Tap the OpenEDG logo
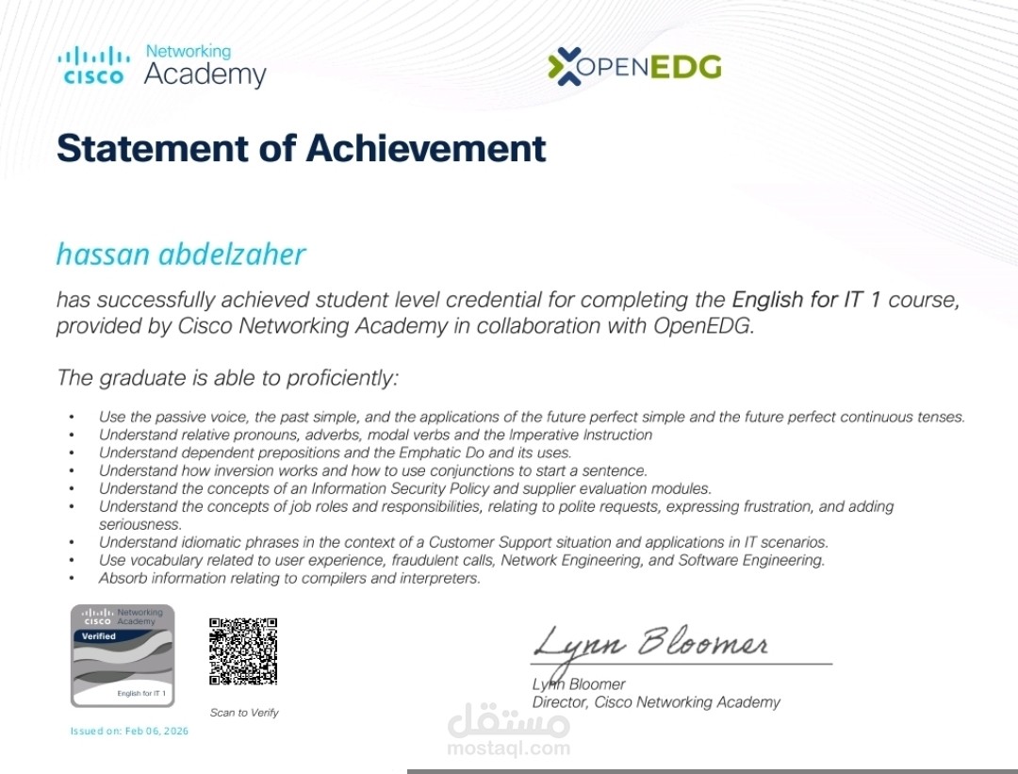coord(634,67)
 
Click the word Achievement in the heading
coord(426,148)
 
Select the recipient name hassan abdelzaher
coord(181,255)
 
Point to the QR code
coord(243,650)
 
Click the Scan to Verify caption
coord(244,713)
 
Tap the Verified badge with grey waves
coord(123,655)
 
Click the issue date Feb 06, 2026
coord(156,732)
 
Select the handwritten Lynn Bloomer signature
coord(650,645)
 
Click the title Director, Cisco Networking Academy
coord(656,702)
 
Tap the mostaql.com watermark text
coord(509,749)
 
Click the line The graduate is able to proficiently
coord(227,378)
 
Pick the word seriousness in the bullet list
coord(140,524)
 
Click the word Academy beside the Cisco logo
coord(205,75)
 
